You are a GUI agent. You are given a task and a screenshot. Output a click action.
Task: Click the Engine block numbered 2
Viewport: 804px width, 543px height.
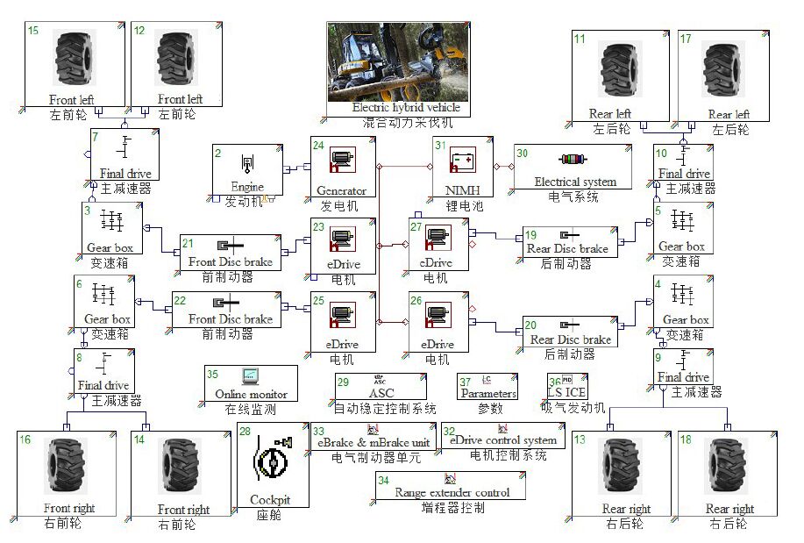(x=247, y=168)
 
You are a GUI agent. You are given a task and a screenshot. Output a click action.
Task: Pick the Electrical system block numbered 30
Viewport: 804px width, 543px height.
(x=574, y=167)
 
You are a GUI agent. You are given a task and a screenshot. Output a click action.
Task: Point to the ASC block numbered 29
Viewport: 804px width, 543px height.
(x=381, y=386)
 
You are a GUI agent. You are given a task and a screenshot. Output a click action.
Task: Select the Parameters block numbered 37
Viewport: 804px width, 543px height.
(x=488, y=386)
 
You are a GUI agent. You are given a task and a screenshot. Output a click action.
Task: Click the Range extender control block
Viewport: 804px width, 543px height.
(x=450, y=485)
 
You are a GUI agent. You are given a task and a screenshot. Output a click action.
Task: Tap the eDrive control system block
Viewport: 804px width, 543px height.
(x=502, y=435)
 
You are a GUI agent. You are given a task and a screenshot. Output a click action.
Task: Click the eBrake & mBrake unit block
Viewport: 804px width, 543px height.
(x=374, y=435)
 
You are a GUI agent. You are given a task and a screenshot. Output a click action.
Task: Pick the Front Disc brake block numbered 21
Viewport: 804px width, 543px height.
(x=231, y=252)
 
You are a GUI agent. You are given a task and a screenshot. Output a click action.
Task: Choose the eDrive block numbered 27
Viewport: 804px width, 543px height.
(x=438, y=244)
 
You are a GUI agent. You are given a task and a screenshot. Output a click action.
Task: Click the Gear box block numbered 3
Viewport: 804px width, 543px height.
(x=111, y=228)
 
